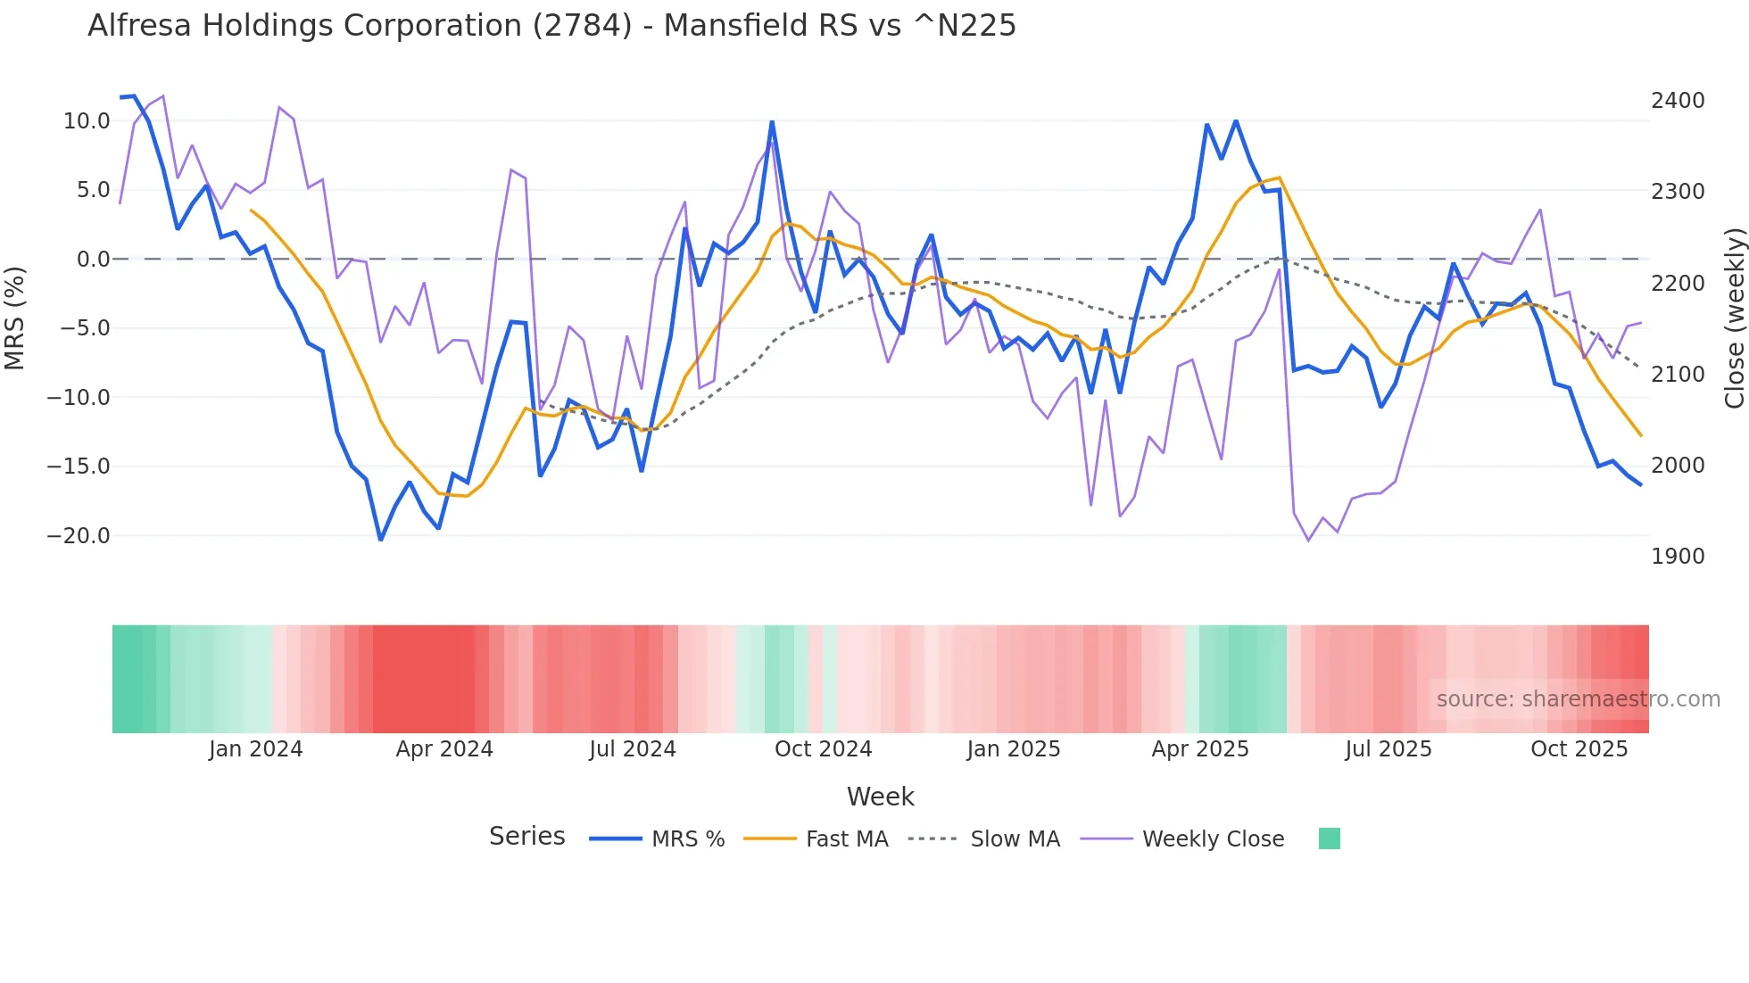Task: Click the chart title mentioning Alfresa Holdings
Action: point(551,26)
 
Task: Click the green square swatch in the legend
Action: point(1329,838)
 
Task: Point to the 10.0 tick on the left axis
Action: point(87,121)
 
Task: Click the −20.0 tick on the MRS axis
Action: point(79,536)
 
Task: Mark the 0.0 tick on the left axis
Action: point(93,260)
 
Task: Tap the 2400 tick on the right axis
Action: point(1678,101)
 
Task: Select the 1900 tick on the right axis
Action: point(1678,557)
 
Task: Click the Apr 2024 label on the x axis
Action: point(444,749)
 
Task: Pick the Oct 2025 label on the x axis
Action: point(1579,749)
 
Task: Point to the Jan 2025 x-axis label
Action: point(1013,749)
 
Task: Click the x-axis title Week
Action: point(880,797)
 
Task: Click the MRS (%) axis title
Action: point(15,318)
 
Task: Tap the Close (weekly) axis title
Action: point(1734,318)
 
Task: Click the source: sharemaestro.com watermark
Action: point(1578,699)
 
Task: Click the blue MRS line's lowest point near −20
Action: point(381,539)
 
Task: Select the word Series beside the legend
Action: point(526,837)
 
